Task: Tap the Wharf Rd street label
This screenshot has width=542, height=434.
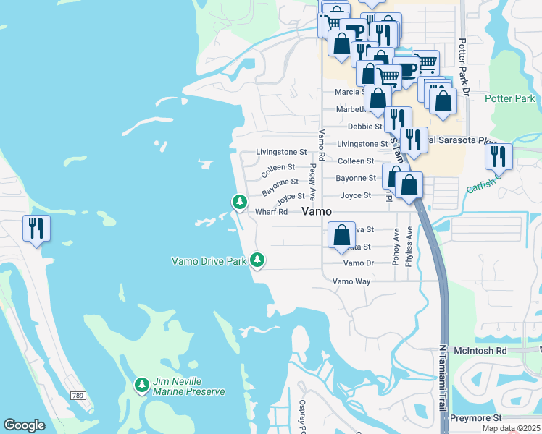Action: click(x=272, y=212)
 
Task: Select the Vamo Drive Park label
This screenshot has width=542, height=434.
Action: click(x=209, y=261)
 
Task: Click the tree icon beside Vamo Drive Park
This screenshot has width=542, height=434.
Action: click(x=257, y=260)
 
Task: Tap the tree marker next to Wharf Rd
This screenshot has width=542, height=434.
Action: click(x=239, y=203)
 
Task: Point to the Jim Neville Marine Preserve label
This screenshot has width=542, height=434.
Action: click(x=188, y=386)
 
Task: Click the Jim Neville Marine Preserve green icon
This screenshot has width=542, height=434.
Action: click(x=142, y=385)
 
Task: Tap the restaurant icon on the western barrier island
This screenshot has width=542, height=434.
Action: click(x=35, y=229)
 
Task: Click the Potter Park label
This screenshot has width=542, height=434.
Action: click(x=509, y=98)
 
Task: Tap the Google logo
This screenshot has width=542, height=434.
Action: click(x=24, y=425)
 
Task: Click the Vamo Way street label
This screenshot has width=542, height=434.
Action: click(x=351, y=281)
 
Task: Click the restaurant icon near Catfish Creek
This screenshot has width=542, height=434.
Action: click(x=499, y=156)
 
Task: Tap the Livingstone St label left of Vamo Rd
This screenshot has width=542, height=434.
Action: click(x=282, y=153)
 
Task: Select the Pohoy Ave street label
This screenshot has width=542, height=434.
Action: click(x=396, y=247)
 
